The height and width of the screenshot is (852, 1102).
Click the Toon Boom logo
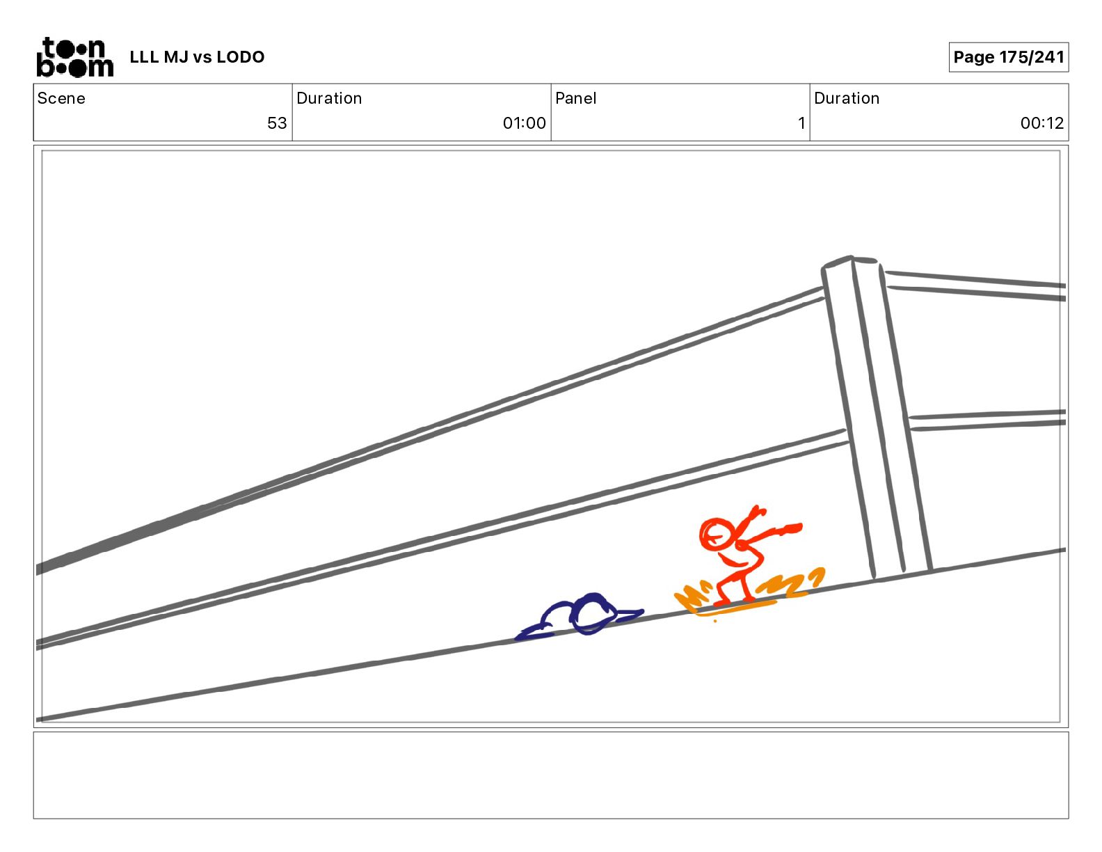click(x=75, y=57)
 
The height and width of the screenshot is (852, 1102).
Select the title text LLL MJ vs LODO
click(x=197, y=57)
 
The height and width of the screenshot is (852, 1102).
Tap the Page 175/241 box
click(x=1008, y=57)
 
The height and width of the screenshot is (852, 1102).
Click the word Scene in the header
click(x=61, y=98)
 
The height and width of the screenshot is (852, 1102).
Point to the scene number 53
click(x=277, y=123)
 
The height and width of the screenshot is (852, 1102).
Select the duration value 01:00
click(x=524, y=123)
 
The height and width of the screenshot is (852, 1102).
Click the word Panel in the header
click(x=575, y=98)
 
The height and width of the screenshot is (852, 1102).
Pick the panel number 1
click(x=801, y=123)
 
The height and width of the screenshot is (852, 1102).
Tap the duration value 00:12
click(x=1041, y=123)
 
